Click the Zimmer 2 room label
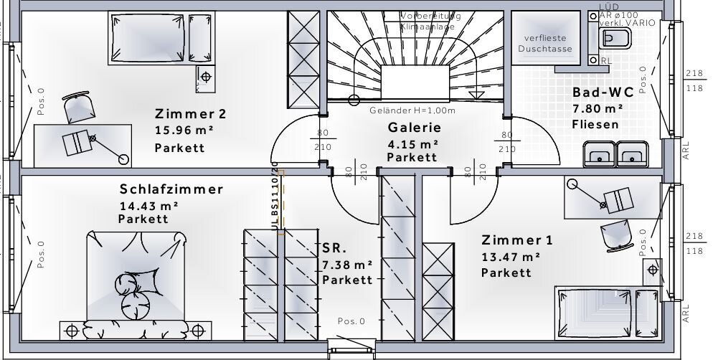tap(191, 114)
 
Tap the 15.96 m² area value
tap(185, 131)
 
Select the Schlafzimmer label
tap(171, 190)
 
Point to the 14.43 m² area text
tap(148, 206)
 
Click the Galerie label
tap(414, 128)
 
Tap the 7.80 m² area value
tap(598, 109)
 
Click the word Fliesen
tap(595, 125)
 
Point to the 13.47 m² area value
tap(511, 256)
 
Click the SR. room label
tap(334, 249)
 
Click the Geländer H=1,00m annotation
tap(412, 111)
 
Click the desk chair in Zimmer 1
tap(614, 233)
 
